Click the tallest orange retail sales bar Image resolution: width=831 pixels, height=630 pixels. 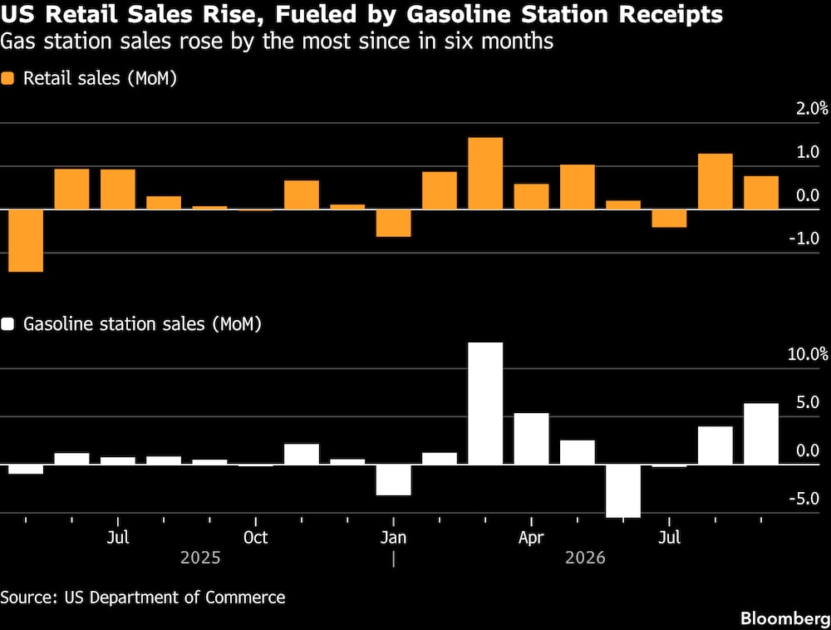pos(485,173)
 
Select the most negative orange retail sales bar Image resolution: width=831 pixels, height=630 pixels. pos(26,240)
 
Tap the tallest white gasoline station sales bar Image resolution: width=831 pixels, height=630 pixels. pos(485,403)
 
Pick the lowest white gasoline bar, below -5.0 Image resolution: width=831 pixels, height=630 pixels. pos(623,490)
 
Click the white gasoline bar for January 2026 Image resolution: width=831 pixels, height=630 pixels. pos(393,480)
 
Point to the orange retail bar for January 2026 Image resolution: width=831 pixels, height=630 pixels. pos(393,223)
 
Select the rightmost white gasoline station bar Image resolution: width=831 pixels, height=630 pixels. pos(761,433)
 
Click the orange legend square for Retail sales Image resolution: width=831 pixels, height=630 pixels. pos(7,78)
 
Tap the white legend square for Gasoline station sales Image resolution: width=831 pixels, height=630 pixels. pos(7,324)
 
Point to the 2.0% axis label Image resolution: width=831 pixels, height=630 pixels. pos(811,109)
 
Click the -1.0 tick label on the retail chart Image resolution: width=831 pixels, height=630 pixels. pos(804,239)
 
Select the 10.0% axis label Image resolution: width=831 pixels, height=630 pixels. pos(808,354)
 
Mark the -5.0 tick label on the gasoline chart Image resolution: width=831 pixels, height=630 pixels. pos(804,499)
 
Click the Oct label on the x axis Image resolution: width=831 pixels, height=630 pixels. pos(255,537)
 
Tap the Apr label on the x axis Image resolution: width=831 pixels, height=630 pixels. pos(531,537)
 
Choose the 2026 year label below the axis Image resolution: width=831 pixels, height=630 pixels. pos(585,558)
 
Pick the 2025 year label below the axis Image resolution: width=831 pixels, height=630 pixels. pos(200,558)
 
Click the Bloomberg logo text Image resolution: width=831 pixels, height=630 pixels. pos(785,618)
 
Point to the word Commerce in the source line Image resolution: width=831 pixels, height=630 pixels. pos(245,597)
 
